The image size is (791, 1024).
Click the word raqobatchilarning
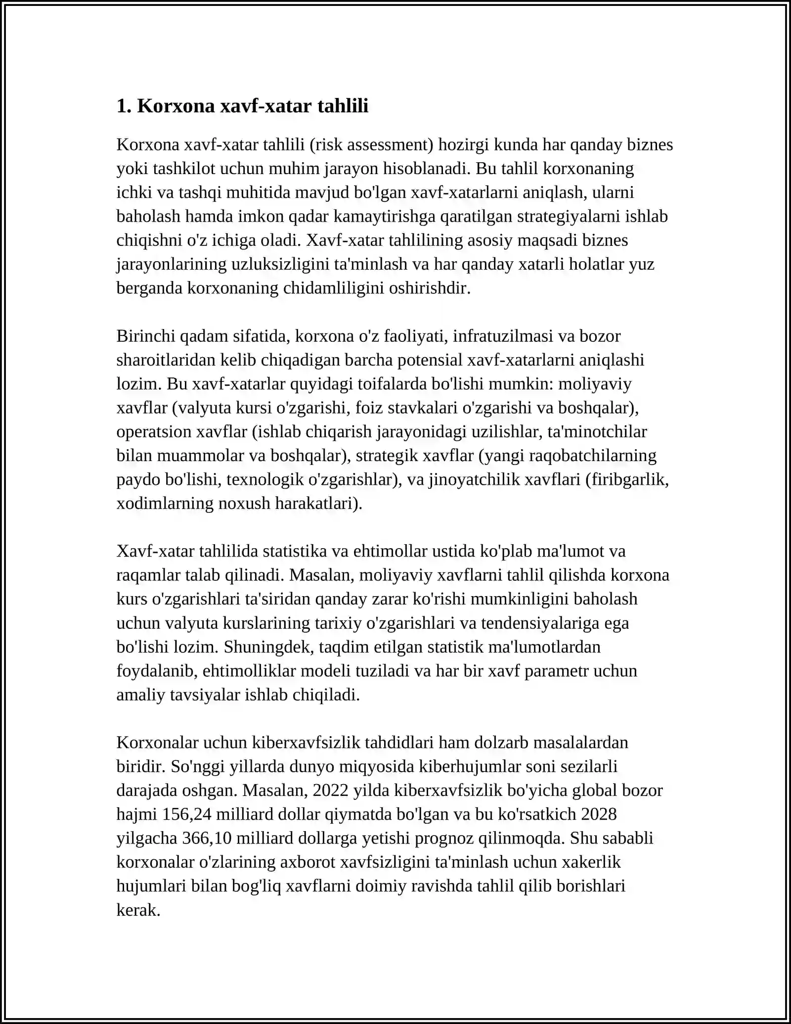point(593,455)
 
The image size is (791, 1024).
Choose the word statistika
point(294,551)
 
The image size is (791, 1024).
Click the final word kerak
point(138,910)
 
